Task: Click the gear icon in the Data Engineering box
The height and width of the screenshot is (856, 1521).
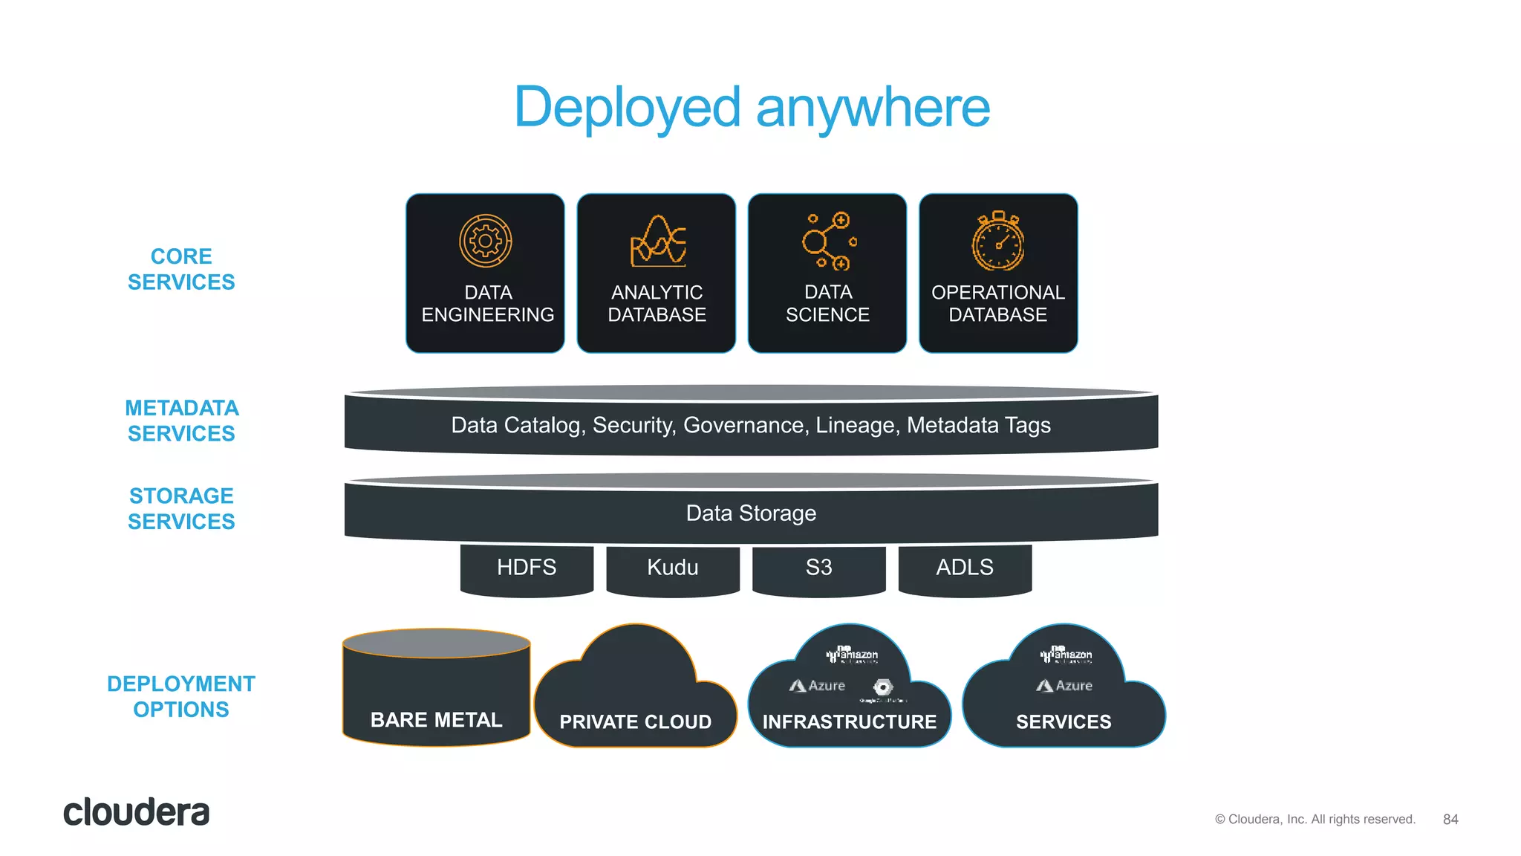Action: point(486,241)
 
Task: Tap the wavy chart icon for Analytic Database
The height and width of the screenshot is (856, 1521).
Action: point(658,241)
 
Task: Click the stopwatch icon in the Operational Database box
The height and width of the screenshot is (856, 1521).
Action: point(998,241)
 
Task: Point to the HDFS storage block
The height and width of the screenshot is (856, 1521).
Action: point(527,568)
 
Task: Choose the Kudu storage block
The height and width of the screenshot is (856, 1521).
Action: point(673,568)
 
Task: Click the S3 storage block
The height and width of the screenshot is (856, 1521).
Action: point(818,568)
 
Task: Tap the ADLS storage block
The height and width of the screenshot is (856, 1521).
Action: point(965,568)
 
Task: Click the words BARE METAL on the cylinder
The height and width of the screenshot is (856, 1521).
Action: point(436,720)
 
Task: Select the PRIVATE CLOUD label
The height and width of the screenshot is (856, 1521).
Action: point(635,722)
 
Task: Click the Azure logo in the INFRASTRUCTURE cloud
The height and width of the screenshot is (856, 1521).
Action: point(817,686)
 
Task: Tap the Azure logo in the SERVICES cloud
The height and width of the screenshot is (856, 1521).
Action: point(1064,686)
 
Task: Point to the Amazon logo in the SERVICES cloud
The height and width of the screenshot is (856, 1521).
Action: point(1066,655)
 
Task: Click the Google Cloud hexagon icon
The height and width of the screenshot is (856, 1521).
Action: point(883,687)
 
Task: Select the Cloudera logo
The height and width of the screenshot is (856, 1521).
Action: point(136,813)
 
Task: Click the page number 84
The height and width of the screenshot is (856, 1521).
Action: point(1450,820)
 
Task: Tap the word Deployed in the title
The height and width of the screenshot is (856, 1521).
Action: point(627,108)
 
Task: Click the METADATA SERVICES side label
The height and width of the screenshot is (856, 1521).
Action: point(181,421)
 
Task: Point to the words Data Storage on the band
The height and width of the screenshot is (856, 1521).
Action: point(751,513)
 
